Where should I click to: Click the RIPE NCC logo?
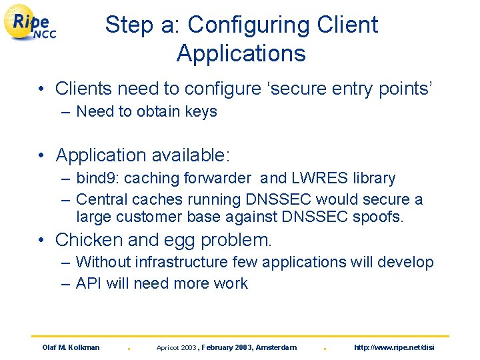[x=31, y=24]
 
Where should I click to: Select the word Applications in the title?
[x=241, y=53]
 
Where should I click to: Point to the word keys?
[x=201, y=111]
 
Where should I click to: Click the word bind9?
[x=98, y=178]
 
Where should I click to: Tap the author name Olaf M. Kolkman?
[x=71, y=347]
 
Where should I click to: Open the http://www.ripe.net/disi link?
[x=394, y=347]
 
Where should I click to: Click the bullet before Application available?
[x=41, y=155]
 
